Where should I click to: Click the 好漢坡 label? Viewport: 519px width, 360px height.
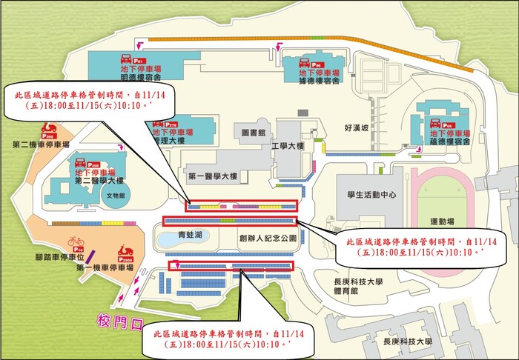[x=357, y=128]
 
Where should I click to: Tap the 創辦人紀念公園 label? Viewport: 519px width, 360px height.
[x=268, y=239]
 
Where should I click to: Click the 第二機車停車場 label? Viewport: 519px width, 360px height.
[x=32, y=144]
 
